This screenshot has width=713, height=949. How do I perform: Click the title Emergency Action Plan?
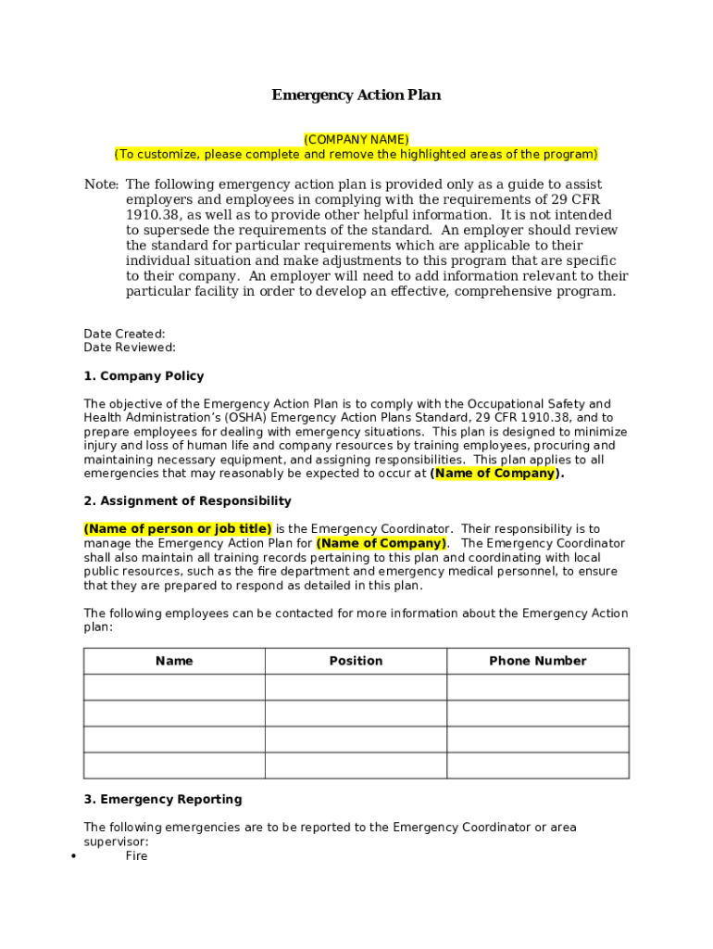click(x=356, y=95)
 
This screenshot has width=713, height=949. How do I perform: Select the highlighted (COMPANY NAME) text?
click(x=356, y=140)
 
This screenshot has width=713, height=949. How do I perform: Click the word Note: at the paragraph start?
click(x=101, y=185)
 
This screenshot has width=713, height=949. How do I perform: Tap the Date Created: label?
click(x=124, y=334)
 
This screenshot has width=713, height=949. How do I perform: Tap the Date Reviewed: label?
click(x=130, y=348)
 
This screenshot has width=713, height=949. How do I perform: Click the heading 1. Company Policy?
click(x=144, y=376)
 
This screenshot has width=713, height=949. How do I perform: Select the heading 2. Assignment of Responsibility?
click(x=187, y=501)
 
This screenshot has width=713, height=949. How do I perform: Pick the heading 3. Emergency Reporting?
click(x=162, y=800)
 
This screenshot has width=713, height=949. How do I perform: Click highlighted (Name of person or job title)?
click(x=178, y=529)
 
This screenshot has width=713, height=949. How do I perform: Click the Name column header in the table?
click(x=174, y=661)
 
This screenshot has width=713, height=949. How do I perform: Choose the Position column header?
click(x=356, y=661)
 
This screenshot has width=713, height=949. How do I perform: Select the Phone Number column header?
click(x=537, y=661)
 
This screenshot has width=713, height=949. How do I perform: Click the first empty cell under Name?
click(x=174, y=687)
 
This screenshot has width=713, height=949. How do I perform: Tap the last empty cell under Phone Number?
click(x=537, y=766)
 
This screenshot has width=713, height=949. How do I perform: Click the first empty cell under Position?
click(x=356, y=687)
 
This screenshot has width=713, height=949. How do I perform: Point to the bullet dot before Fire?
click(x=73, y=857)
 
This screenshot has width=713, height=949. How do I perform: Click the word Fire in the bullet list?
click(x=136, y=856)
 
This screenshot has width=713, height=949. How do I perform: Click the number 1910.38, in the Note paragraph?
click(x=155, y=215)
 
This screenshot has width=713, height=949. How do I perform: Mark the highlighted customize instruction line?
click(x=356, y=154)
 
